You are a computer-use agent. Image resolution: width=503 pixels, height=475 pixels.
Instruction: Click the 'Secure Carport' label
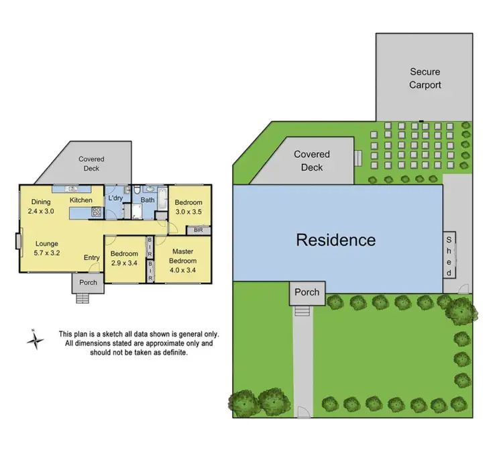425,77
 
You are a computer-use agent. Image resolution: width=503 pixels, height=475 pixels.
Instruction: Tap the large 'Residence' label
335,240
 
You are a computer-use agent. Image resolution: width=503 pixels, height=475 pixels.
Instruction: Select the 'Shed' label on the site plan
449,255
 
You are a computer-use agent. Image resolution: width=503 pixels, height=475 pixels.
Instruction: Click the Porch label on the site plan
307,293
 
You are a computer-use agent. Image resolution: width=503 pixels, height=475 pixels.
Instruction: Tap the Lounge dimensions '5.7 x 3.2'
48,253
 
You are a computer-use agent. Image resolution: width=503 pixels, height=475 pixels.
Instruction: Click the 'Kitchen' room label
81,200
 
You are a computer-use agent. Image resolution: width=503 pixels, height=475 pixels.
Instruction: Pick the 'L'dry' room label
115,200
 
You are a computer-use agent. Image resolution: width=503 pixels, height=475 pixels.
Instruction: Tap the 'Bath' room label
148,200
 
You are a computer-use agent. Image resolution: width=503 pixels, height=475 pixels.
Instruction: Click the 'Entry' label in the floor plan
91,258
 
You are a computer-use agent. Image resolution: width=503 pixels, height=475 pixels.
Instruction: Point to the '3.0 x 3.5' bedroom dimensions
188,211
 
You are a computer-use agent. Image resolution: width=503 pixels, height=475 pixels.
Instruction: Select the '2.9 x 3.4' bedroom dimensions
124,263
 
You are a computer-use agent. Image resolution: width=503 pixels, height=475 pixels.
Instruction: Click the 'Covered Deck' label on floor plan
91,164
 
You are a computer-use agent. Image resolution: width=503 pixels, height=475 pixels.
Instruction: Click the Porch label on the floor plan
88,282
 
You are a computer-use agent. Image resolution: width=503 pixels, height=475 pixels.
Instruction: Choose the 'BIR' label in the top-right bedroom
198,230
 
